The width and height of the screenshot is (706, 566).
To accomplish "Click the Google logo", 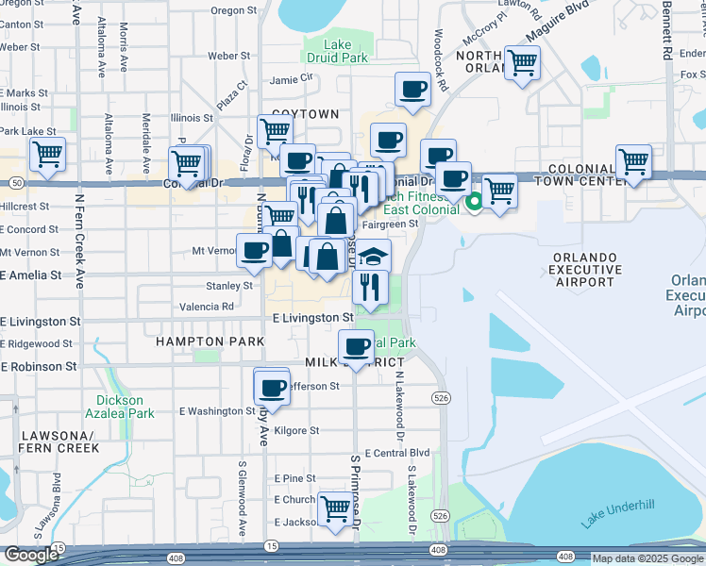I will (x=30, y=555).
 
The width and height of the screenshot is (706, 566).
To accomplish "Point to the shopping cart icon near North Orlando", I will (x=522, y=64).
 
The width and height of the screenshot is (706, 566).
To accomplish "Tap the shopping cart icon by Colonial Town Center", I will (x=633, y=161).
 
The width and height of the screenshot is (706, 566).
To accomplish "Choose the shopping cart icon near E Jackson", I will (x=335, y=508).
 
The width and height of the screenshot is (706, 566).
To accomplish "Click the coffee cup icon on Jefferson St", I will (x=273, y=387).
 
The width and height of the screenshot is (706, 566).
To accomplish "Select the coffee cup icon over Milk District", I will (x=359, y=346).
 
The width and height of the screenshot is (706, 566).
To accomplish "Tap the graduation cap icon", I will (x=374, y=257).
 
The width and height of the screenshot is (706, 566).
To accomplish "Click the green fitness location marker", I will (x=475, y=200).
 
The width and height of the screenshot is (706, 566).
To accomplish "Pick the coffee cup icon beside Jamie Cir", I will (x=412, y=90).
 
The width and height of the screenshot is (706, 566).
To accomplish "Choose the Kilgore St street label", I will (x=295, y=431).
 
